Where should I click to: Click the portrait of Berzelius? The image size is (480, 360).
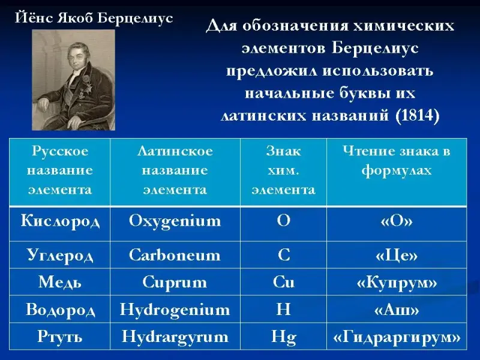tap(73, 80)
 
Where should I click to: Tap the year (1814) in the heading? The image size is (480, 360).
tap(418, 115)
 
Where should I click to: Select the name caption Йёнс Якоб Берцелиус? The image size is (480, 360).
tap(94, 18)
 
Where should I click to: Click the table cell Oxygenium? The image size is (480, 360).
tap(175, 221)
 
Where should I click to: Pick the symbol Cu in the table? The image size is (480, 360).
tap(283, 282)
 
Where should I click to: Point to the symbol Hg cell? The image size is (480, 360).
tap(283, 337)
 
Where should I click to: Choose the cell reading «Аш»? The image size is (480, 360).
tap(397, 310)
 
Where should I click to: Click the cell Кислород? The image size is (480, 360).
tap(60, 221)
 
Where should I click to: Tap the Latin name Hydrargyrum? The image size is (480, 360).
tap(175, 337)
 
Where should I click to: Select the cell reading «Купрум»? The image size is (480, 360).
tap(397, 283)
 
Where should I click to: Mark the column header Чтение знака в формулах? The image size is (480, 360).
tap(397, 161)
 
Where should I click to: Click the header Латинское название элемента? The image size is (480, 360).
tap(175, 170)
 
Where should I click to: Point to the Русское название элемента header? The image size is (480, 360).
tap(60, 170)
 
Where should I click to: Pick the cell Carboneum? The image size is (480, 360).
tap(175, 255)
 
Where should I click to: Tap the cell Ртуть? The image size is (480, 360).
tap(60, 337)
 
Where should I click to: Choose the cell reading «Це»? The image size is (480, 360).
tap(397, 256)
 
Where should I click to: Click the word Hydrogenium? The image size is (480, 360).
tap(175, 310)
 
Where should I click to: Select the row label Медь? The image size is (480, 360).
tap(60, 282)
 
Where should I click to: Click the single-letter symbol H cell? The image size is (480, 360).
tap(283, 309)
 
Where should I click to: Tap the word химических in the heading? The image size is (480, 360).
tap(403, 26)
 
